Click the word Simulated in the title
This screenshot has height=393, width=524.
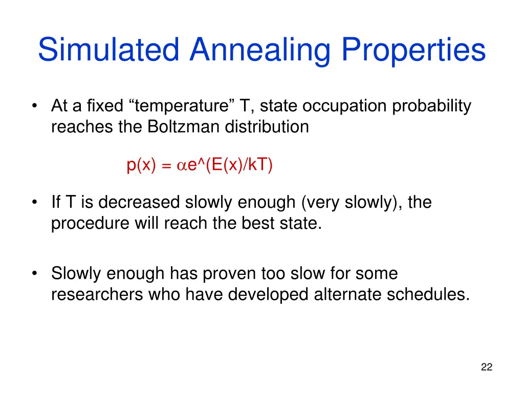109,50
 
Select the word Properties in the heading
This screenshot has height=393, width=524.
413,50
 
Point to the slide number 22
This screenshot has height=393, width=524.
487,367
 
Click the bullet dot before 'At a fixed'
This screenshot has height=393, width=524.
34,106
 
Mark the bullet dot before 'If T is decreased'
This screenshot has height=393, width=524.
34,203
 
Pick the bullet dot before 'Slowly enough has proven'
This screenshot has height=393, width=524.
34,274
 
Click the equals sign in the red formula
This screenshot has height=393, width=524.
166,166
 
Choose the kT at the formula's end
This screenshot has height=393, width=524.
259,165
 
